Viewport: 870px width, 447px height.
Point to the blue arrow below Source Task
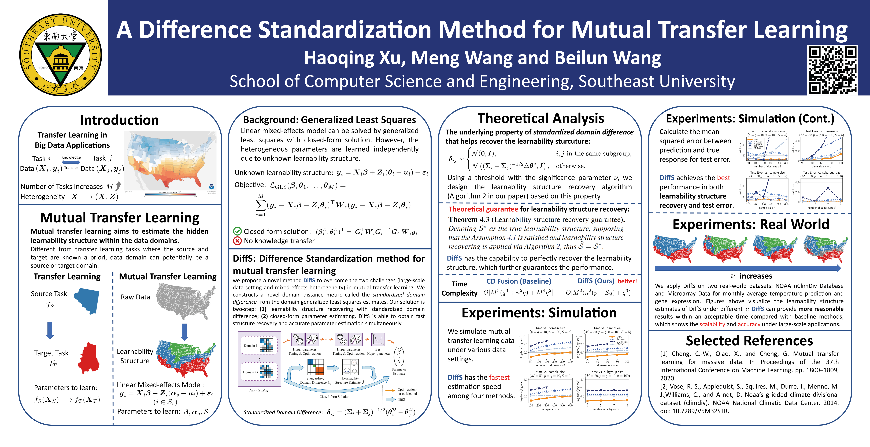point(50,330)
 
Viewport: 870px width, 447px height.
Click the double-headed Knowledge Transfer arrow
point(71,163)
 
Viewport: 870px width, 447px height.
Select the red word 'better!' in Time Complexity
point(627,281)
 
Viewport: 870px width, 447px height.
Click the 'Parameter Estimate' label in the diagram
point(399,371)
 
